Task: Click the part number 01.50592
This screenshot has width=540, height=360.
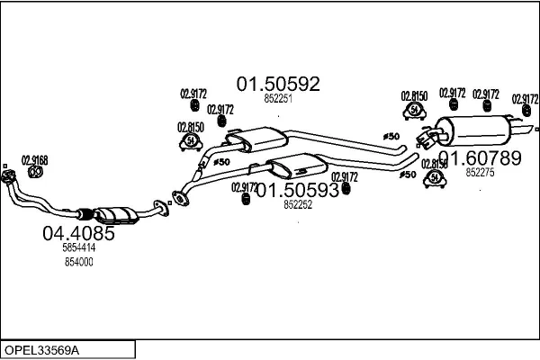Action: (x=278, y=84)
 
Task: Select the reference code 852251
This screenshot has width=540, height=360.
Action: (x=277, y=99)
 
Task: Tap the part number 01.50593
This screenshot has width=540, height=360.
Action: (x=298, y=190)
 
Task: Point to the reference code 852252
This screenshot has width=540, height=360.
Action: (x=297, y=205)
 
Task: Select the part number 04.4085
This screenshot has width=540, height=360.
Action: (x=79, y=234)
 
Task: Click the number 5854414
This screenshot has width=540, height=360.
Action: (x=79, y=247)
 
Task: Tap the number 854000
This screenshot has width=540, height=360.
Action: (x=79, y=261)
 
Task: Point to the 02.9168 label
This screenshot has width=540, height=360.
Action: (x=34, y=160)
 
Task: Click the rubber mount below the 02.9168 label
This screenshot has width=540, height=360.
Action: (x=35, y=172)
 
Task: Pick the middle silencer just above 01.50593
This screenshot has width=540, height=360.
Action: (x=298, y=166)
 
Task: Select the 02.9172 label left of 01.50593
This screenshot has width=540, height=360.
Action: (x=244, y=187)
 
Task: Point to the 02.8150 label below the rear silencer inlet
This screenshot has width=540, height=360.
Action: (x=435, y=164)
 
